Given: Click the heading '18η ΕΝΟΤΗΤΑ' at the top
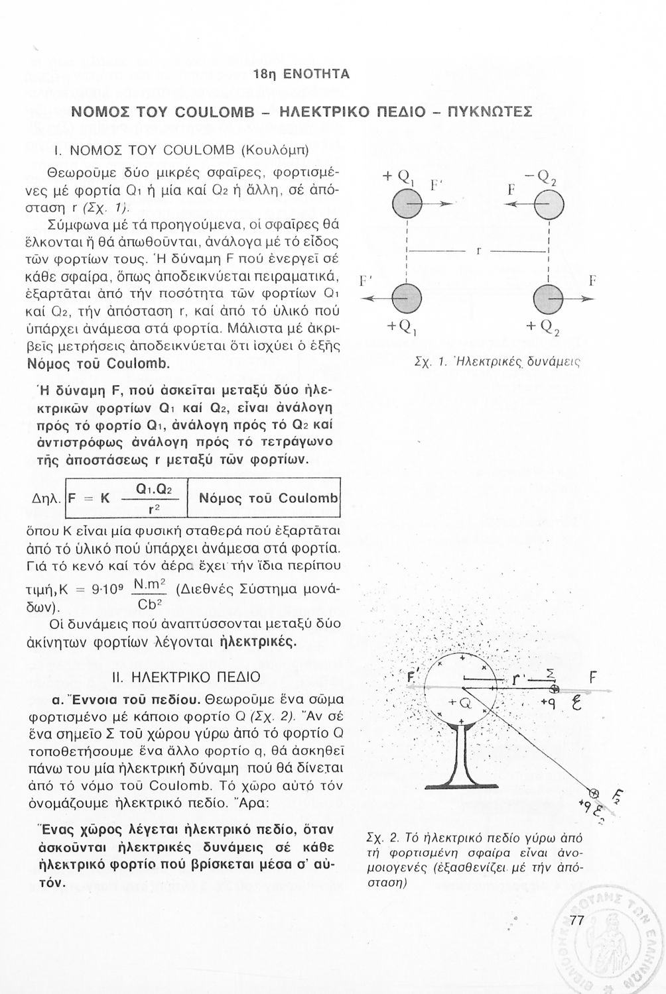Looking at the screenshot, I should click(x=301, y=74).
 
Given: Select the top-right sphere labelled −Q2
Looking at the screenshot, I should click(x=551, y=204).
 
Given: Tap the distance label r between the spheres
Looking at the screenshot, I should click(x=478, y=251).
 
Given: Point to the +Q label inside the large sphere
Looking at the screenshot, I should click(x=459, y=702).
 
